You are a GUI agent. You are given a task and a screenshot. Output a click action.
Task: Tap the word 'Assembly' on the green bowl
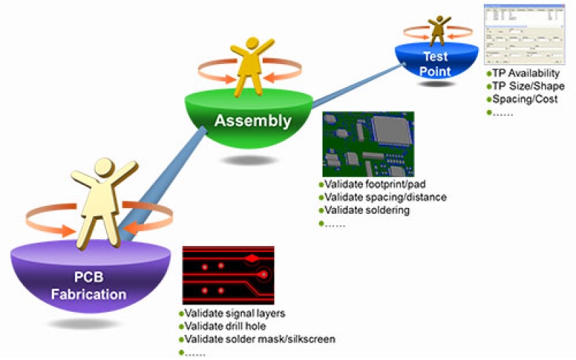[252, 120]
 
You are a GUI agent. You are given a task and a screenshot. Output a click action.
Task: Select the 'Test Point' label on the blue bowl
[435, 64]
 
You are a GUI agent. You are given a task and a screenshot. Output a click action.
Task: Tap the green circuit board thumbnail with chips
[368, 143]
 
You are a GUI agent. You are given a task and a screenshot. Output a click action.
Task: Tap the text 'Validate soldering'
[367, 210]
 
